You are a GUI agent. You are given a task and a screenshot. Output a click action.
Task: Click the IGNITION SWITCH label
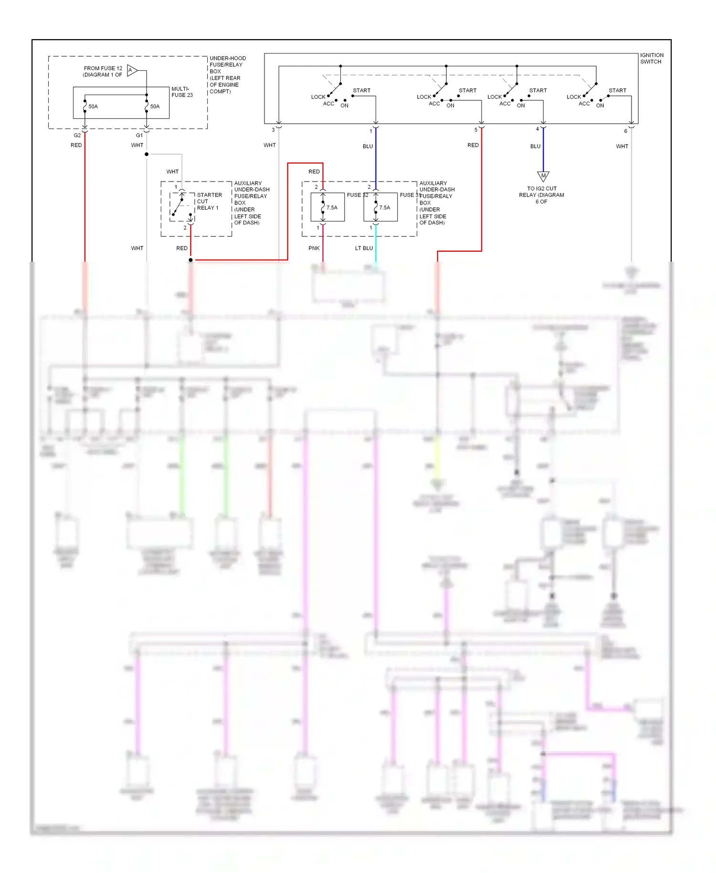[x=651, y=58]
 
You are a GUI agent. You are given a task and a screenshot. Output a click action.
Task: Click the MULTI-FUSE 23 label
[x=182, y=92]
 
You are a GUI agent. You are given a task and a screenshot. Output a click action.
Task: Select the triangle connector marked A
[x=132, y=71]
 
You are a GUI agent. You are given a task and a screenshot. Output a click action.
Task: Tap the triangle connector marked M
[x=543, y=176]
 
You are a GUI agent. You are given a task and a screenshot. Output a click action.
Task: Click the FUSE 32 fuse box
[x=327, y=207]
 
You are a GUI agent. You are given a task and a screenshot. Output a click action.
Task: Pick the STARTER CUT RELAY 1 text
[x=209, y=201]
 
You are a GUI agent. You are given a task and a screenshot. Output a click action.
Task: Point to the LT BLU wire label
[x=364, y=248]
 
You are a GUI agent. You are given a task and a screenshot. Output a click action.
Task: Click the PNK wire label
[x=314, y=248]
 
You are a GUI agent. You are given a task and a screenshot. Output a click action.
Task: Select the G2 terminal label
[x=77, y=135]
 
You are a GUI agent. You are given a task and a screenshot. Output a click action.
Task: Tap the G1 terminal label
[x=139, y=135]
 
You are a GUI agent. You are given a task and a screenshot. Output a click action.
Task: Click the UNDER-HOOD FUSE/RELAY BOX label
[x=227, y=75]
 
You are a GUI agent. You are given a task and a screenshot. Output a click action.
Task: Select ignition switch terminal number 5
[x=475, y=130]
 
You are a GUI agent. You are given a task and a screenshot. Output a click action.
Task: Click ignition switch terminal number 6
[x=625, y=131]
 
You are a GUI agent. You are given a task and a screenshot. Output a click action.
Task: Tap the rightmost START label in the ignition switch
[x=617, y=90]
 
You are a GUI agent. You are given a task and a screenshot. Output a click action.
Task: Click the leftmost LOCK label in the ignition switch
[x=318, y=97]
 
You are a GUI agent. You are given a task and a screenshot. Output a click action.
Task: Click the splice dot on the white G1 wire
[x=147, y=154]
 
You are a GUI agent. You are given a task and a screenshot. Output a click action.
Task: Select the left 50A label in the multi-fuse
[x=93, y=106]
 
